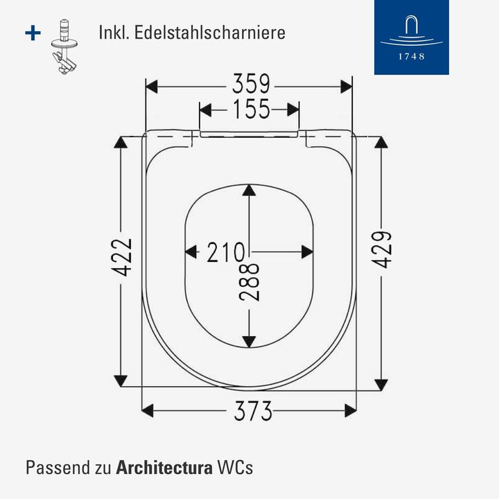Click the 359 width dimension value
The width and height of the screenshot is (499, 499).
pyautogui.click(x=250, y=85)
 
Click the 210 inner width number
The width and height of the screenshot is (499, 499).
pyautogui.click(x=225, y=252)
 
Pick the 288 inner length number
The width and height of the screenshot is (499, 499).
pyautogui.click(x=250, y=281)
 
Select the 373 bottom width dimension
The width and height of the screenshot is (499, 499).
pyautogui.click(x=252, y=412)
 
